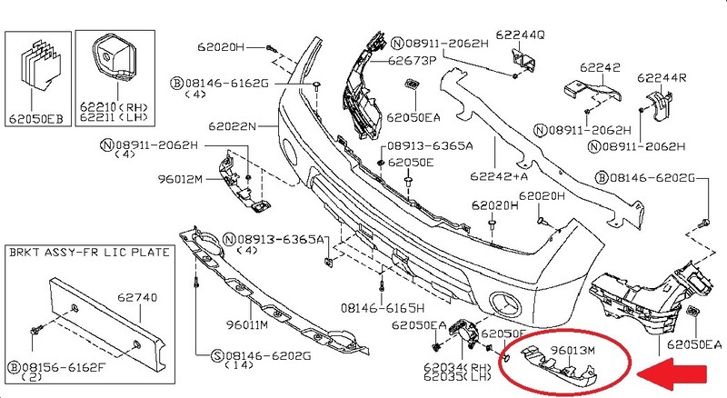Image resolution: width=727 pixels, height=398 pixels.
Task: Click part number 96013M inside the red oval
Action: pyautogui.click(x=563, y=348)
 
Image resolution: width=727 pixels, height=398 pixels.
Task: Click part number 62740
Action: pyautogui.click(x=138, y=297)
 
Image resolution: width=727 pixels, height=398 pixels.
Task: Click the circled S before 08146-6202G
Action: pyautogui.click(x=217, y=354)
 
